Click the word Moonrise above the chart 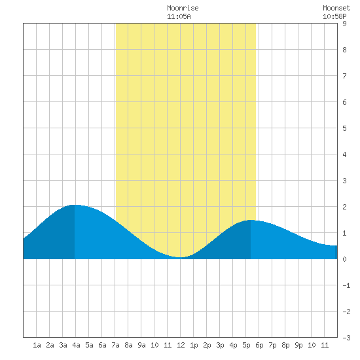(x=183, y=8)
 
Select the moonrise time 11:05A (x=179, y=16)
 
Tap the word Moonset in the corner (x=336, y=8)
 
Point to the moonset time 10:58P (x=334, y=16)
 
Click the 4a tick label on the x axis (x=76, y=345)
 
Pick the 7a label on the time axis (x=115, y=345)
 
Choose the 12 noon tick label (x=181, y=345)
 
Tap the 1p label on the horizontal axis (x=194, y=345)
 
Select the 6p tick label (x=259, y=345)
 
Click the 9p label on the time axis (x=298, y=345)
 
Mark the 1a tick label (x=37, y=345)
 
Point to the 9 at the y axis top (x=344, y=24)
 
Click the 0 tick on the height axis (x=344, y=259)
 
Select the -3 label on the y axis (x=346, y=338)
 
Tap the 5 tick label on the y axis (x=344, y=128)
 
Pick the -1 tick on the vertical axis (x=346, y=285)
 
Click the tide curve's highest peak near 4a (x=75, y=205)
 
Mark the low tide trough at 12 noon (x=181, y=257)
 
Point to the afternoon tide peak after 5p (x=251, y=220)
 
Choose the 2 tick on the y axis (x=344, y=207)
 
